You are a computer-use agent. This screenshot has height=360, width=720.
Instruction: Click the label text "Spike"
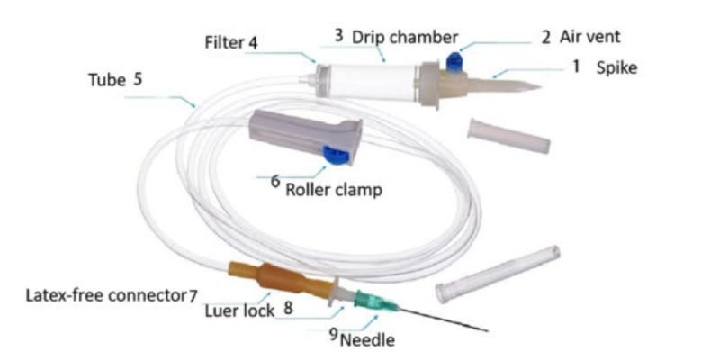pos(616,68)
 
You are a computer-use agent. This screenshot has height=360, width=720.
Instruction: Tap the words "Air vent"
pos(590,37)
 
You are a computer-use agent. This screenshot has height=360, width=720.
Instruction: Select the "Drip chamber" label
pos(405,37)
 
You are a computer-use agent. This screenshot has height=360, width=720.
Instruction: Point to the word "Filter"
pos(224,43)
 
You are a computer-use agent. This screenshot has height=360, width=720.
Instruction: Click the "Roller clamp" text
pos(334,189)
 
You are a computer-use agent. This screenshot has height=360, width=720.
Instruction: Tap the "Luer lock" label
pos(239,310)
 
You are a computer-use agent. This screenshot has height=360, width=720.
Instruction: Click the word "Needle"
pos(367,340)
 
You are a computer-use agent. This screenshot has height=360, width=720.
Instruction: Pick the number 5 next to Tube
pos(138,79)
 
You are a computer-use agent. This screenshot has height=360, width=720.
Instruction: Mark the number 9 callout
pos(334,335)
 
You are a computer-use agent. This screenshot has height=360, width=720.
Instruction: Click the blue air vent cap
pos(454,62)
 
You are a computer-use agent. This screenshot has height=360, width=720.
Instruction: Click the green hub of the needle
pos(374,301)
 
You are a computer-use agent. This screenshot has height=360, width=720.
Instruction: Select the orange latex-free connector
pos(281,279)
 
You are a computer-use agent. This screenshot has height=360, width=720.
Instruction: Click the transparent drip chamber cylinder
pos(372,82)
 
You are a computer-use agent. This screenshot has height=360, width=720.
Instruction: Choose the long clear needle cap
pos(498,274)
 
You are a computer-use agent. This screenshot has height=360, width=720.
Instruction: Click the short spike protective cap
pos(508,136)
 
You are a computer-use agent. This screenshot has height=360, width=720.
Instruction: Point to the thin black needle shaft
pos(442,319)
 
